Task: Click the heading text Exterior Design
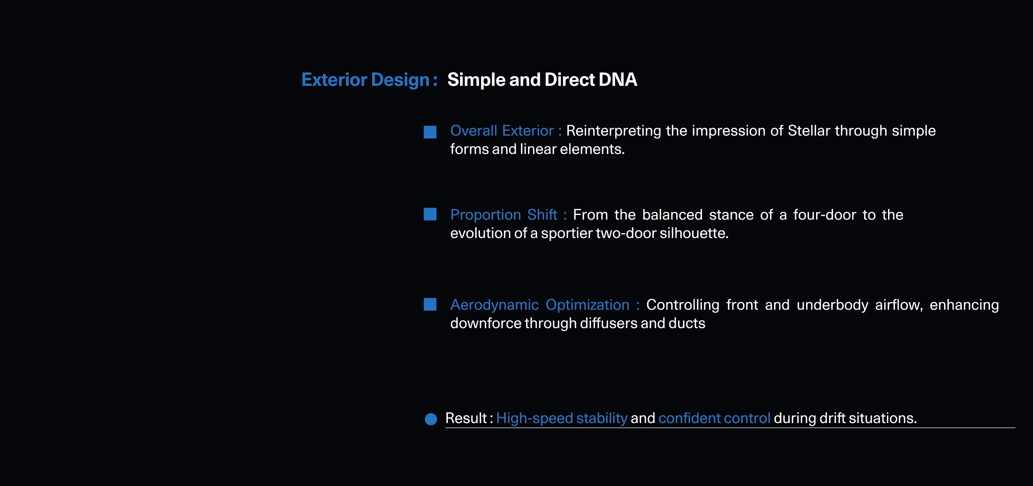click(365, 80)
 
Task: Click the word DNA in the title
click(618, 80)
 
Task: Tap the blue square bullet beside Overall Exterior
click(430, 132)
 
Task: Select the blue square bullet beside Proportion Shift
click(430, 214)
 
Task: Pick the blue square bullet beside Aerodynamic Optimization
click(430, 304)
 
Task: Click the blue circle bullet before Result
click(431, 419)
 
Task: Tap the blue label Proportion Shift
click(504, 215)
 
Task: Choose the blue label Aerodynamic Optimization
click(540, 305)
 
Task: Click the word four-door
click(825, 215)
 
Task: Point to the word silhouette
click(694, 233)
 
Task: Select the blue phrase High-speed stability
click(562, 419)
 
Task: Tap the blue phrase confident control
click(714, 418)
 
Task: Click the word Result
click(466, 418)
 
